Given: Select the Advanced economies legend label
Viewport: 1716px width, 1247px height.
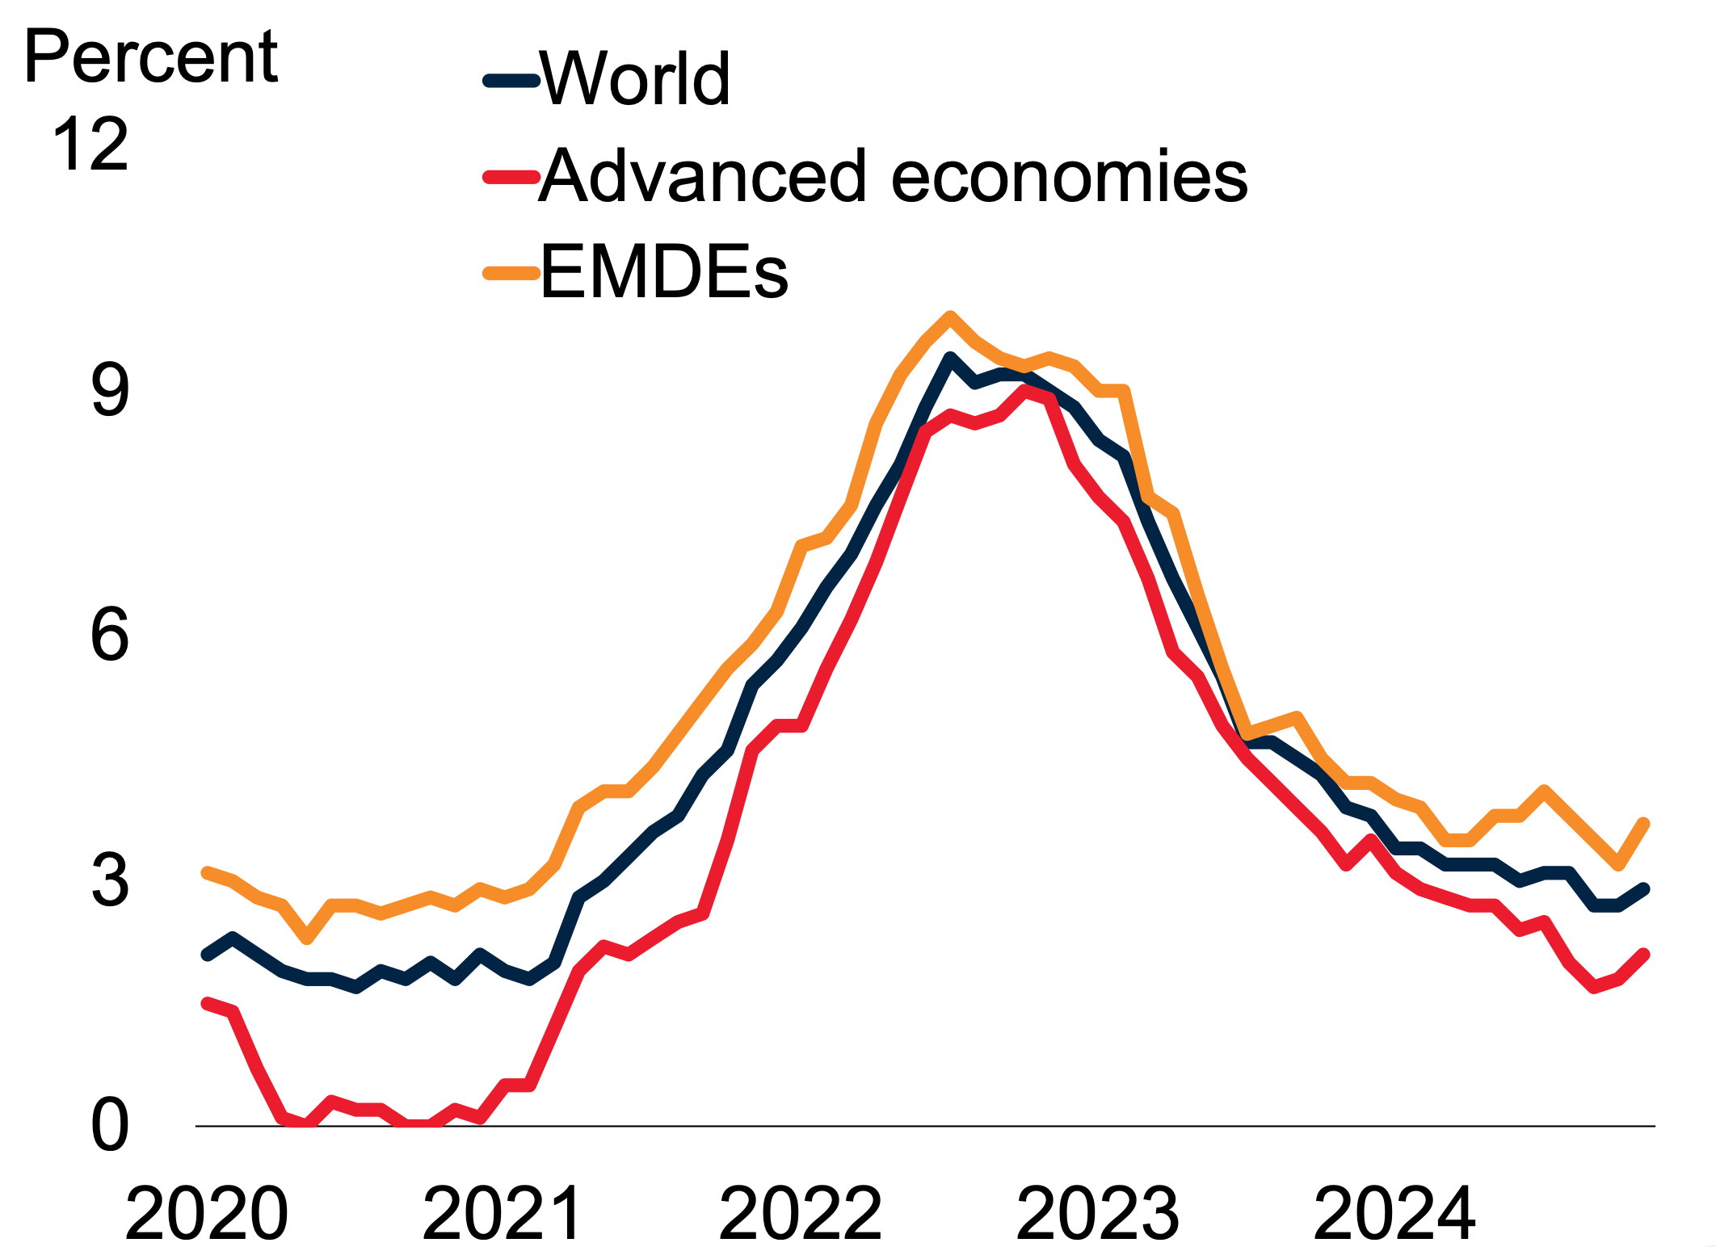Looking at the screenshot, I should [x=893, y=175].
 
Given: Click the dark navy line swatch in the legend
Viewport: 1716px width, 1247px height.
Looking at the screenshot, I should [x=511, y=80].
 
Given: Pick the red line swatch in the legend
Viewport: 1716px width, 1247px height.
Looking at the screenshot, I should [x=511, y=176].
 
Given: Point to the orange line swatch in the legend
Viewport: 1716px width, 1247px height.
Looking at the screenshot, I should [x=511, y=273].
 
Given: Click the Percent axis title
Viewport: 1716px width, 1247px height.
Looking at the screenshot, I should [x=151, y=57].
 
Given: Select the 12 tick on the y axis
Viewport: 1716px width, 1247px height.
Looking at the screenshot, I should [x=90, y=145].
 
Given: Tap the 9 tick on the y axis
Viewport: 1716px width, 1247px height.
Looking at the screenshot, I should [x=110, y=390].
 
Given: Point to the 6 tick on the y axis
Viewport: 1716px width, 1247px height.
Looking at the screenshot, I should [x=110, y=636].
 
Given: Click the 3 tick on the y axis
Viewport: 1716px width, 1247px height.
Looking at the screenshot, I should [x=110, y=880].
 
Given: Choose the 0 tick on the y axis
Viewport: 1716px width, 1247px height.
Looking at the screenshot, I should [x=110, y=1126].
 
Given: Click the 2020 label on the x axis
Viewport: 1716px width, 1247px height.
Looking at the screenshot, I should [x=207, y=1213].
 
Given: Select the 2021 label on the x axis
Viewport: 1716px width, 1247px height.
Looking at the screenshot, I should [x=503, y=1213].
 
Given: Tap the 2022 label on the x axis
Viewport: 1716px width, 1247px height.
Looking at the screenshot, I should [x=800, y=1213].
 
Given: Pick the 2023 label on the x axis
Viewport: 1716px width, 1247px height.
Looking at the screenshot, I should [x=1097, y=1213].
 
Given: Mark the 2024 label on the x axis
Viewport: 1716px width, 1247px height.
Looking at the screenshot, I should [x=1394, y=1213].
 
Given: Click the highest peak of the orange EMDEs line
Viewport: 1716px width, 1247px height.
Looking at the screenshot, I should [x=950, y=316].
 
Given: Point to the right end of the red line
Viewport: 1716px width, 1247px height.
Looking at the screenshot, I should [x=1644, y=955].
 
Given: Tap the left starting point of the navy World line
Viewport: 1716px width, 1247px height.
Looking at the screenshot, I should [x=207, y=955].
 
